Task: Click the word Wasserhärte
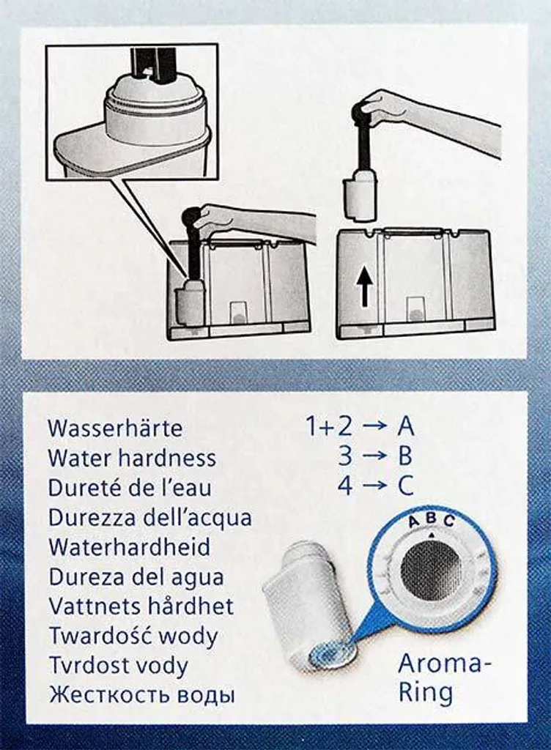(x=115, y=427)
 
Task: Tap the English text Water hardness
(x=132, y=458)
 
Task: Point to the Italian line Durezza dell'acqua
(x=149, y=517)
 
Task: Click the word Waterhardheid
(x=129, y=546)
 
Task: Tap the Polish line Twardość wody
(x=133, y=636)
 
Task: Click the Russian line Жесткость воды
(x=142, y=694)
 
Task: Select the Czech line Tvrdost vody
(x=118, y=666)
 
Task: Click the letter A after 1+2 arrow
(x=405, y=426)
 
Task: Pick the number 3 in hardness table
(x=345, y=456)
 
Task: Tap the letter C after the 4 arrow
(x=405, y=485)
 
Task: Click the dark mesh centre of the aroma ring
(x=431, y=569)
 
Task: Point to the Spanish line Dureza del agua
(x=136, y=576)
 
